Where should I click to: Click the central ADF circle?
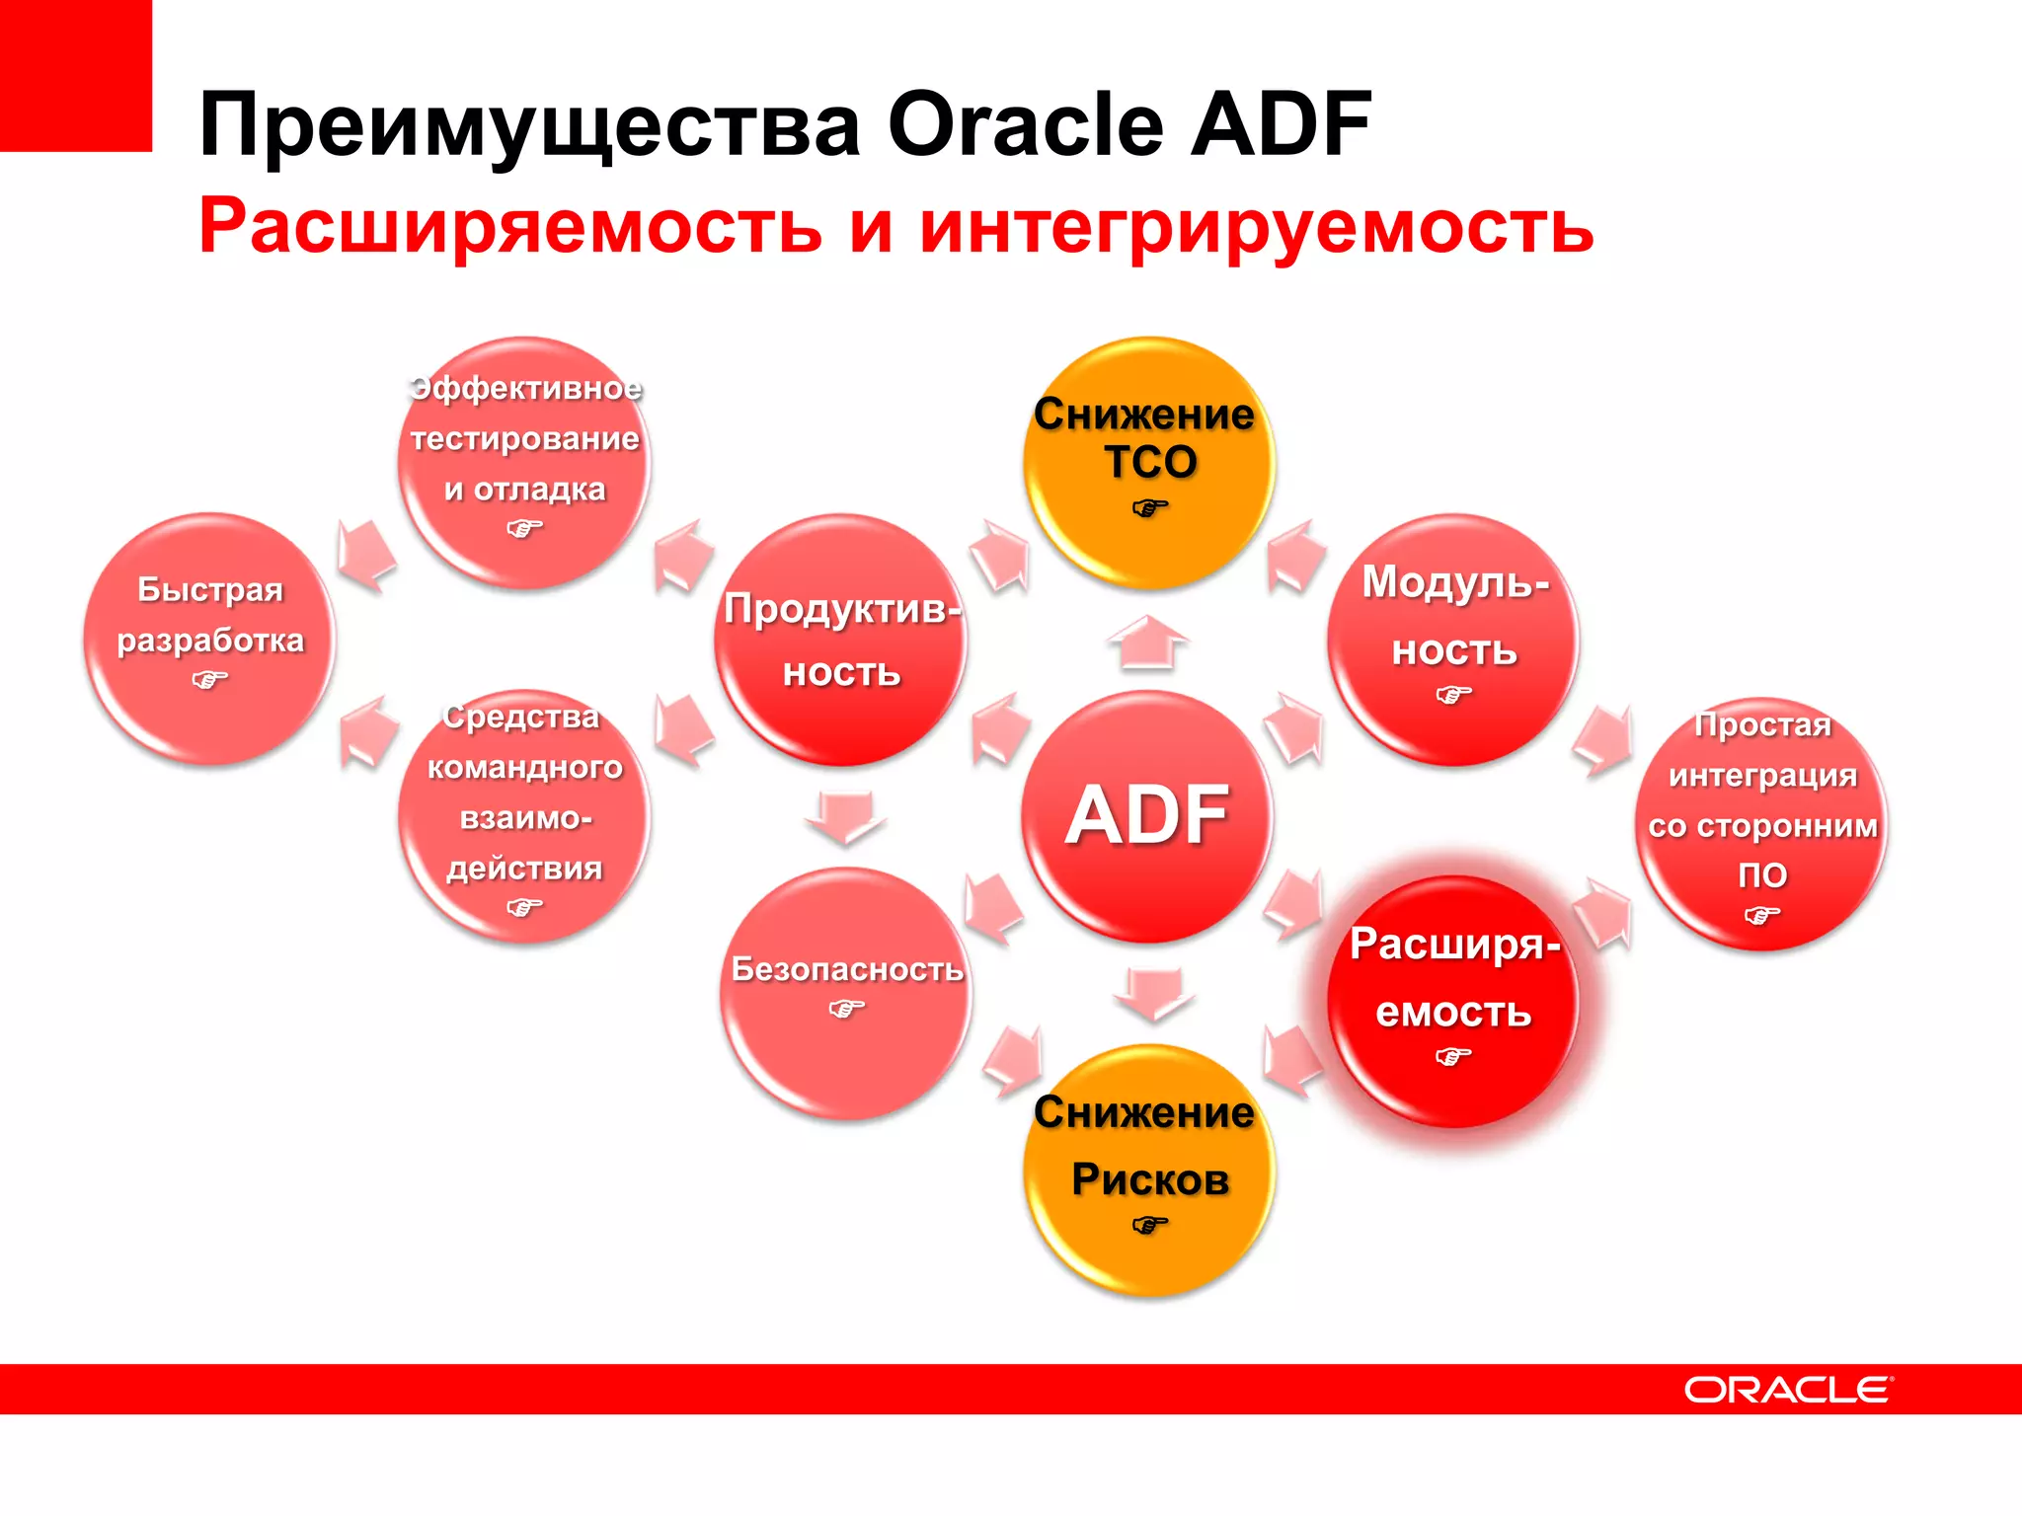1146,815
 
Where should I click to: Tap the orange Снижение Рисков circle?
1148,1171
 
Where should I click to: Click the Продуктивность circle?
840,640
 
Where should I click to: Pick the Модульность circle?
1453,640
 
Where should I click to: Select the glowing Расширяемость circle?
1453,1001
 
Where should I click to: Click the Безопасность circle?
846,993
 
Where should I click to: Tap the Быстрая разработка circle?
209,638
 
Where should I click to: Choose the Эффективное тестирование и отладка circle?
524,463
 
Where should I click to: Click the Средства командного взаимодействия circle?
524,815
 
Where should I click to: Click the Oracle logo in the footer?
1787,1390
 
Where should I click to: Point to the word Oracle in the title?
1027,125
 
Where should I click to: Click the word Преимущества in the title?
529,125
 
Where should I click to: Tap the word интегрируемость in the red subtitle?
1256,226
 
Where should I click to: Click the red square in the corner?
75,75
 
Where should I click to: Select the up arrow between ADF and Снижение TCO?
1147,643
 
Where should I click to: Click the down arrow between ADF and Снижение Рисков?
1153,993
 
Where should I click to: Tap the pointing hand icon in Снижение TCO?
1149,509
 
